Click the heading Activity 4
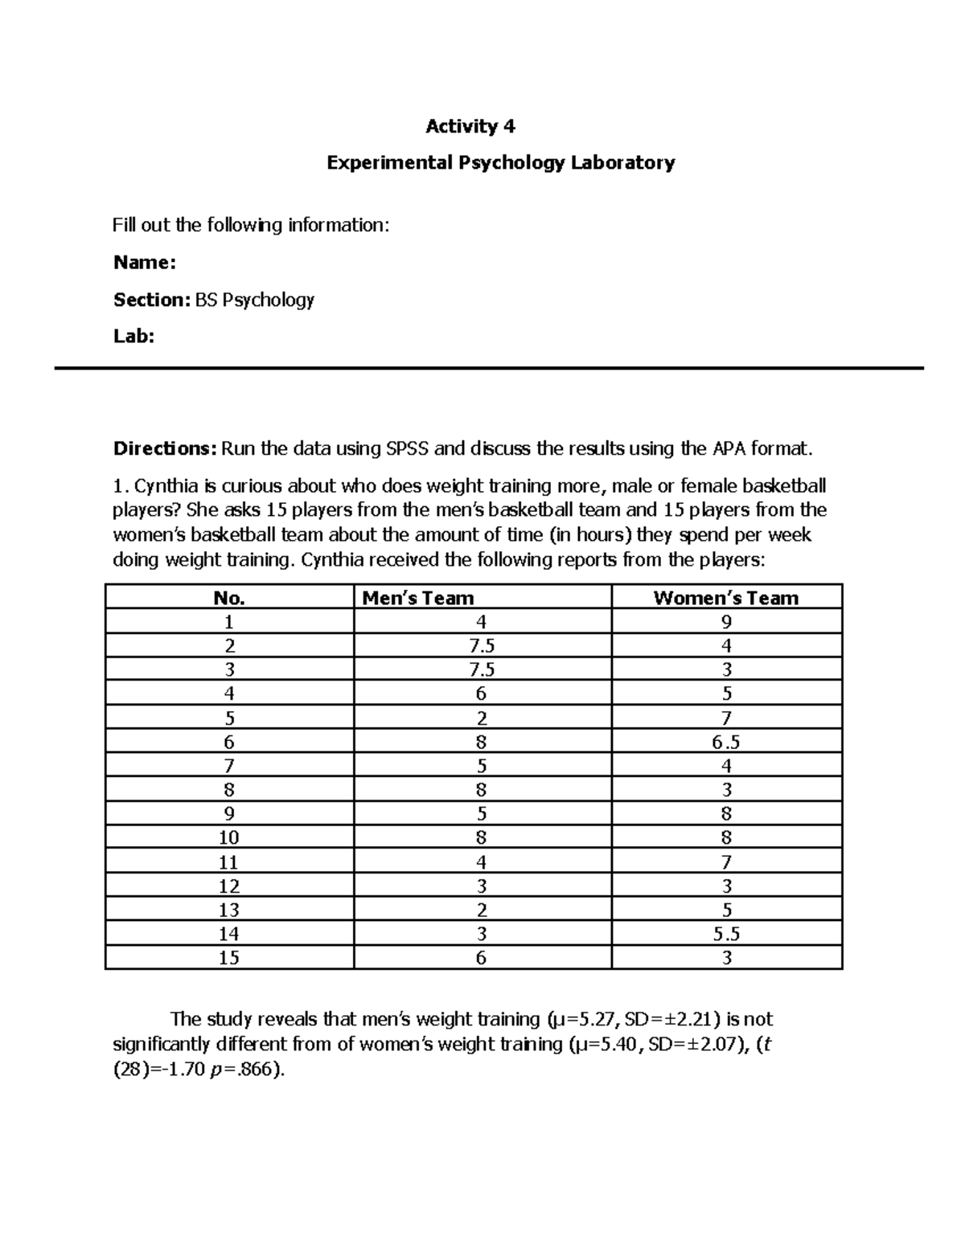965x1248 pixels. tap(470, 126)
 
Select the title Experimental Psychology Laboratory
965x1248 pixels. tap(500, 163)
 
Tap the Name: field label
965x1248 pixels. tap(144, 263)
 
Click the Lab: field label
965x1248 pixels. tap(133, 337)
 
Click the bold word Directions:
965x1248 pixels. tap(165, 448)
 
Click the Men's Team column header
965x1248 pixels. tap(417, 598)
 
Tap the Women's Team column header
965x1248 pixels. tap(725, 598)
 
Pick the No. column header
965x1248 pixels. tap(229, 598)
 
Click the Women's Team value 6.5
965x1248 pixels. tap(725, 742)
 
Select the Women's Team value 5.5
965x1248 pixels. tap(725, 934)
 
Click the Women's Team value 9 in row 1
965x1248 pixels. tap(726, 622)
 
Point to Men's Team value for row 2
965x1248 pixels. tap(481, 646)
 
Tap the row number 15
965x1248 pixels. tap(229, 958)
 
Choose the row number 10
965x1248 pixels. tap(229, 838)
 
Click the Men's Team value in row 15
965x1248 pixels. tap(481, 958)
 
